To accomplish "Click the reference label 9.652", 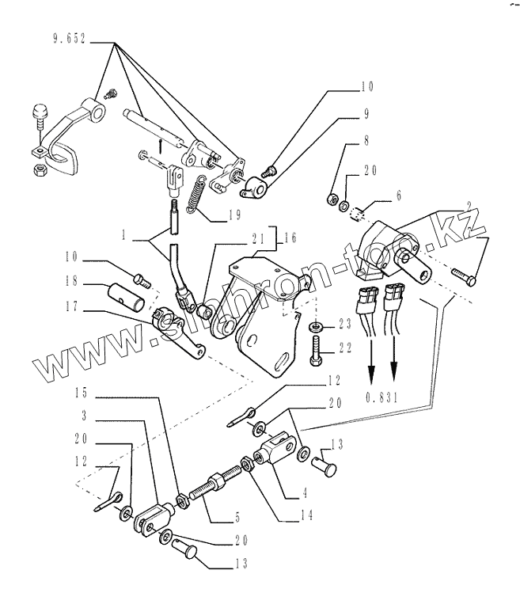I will [x=69, y=38].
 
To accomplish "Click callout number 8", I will [x=366, y=142].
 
